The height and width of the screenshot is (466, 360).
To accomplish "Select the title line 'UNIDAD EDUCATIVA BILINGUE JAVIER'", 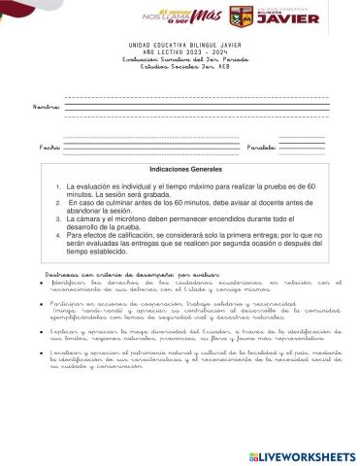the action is pos(180,45).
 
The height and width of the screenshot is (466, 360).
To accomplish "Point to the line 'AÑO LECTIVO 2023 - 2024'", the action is pos(180,52).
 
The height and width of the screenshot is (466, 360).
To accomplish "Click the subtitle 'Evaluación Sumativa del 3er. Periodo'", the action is pos(180,60).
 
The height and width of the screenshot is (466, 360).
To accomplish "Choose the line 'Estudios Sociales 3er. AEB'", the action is pos(180,68).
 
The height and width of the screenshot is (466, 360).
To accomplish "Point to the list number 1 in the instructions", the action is pos(59,184).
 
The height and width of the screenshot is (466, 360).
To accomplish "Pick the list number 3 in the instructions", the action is pos(59,220).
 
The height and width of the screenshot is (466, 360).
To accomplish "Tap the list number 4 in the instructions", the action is pos(59,235).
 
